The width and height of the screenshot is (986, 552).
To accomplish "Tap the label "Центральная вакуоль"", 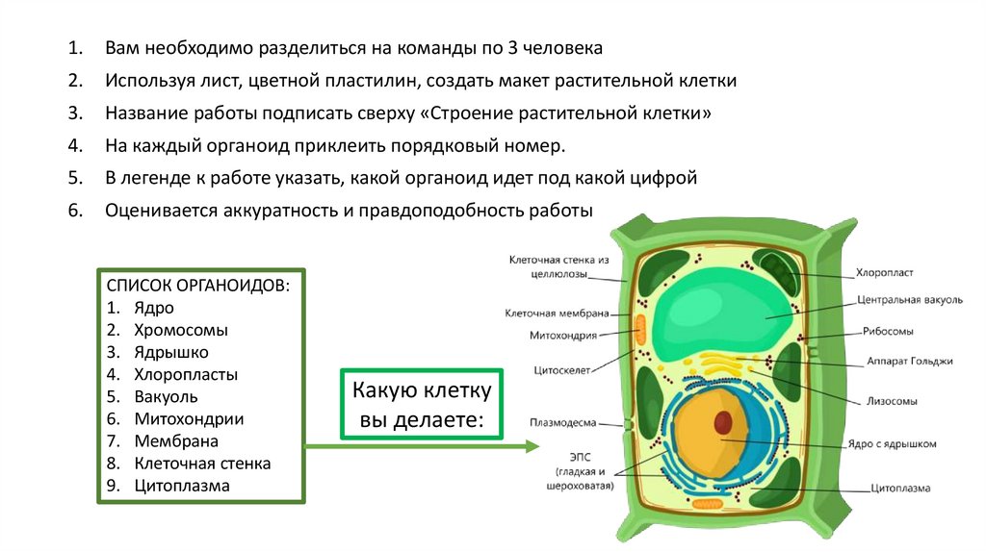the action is (x=909, y=300).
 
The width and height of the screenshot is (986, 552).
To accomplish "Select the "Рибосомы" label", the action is (x=888, y=331).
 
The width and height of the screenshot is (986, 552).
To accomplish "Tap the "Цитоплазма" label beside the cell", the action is (x=899, y=489).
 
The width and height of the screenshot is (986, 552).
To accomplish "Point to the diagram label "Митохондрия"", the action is (x=563, y=336).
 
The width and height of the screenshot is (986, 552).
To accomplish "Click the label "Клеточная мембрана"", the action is (x=557, y=313).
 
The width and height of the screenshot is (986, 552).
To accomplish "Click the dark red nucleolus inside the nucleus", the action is (x=723, y=422).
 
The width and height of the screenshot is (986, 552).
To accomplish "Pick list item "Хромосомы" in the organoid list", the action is (x=181, y=330).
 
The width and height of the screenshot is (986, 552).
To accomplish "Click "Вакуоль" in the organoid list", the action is (x=166, y=396).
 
